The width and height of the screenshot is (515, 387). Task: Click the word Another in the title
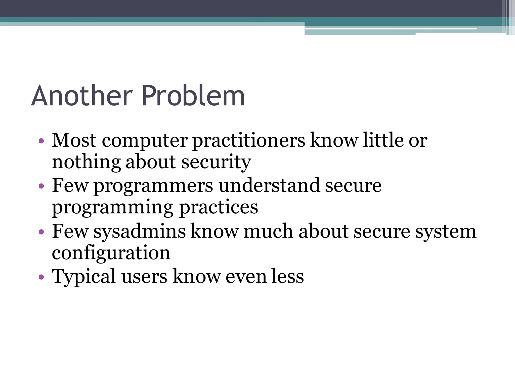pos(82,96)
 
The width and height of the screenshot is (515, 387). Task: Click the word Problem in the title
pos(193,96)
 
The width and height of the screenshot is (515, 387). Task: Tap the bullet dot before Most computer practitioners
pos(41,141)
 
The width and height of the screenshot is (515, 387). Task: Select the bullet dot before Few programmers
pos(41,186)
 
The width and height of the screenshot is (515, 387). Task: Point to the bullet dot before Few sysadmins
pos(41,232)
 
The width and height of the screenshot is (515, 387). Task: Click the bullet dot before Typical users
pos(41,277)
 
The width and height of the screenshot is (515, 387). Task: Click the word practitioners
pos(249,141)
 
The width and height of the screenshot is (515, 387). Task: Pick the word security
pos(216,163)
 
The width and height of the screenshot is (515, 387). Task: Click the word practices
pos(219,207)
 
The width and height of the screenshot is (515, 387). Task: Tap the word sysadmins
pos(140,232)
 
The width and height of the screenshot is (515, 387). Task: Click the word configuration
pos(111,253)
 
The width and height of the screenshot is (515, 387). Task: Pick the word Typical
pos(84,277)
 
